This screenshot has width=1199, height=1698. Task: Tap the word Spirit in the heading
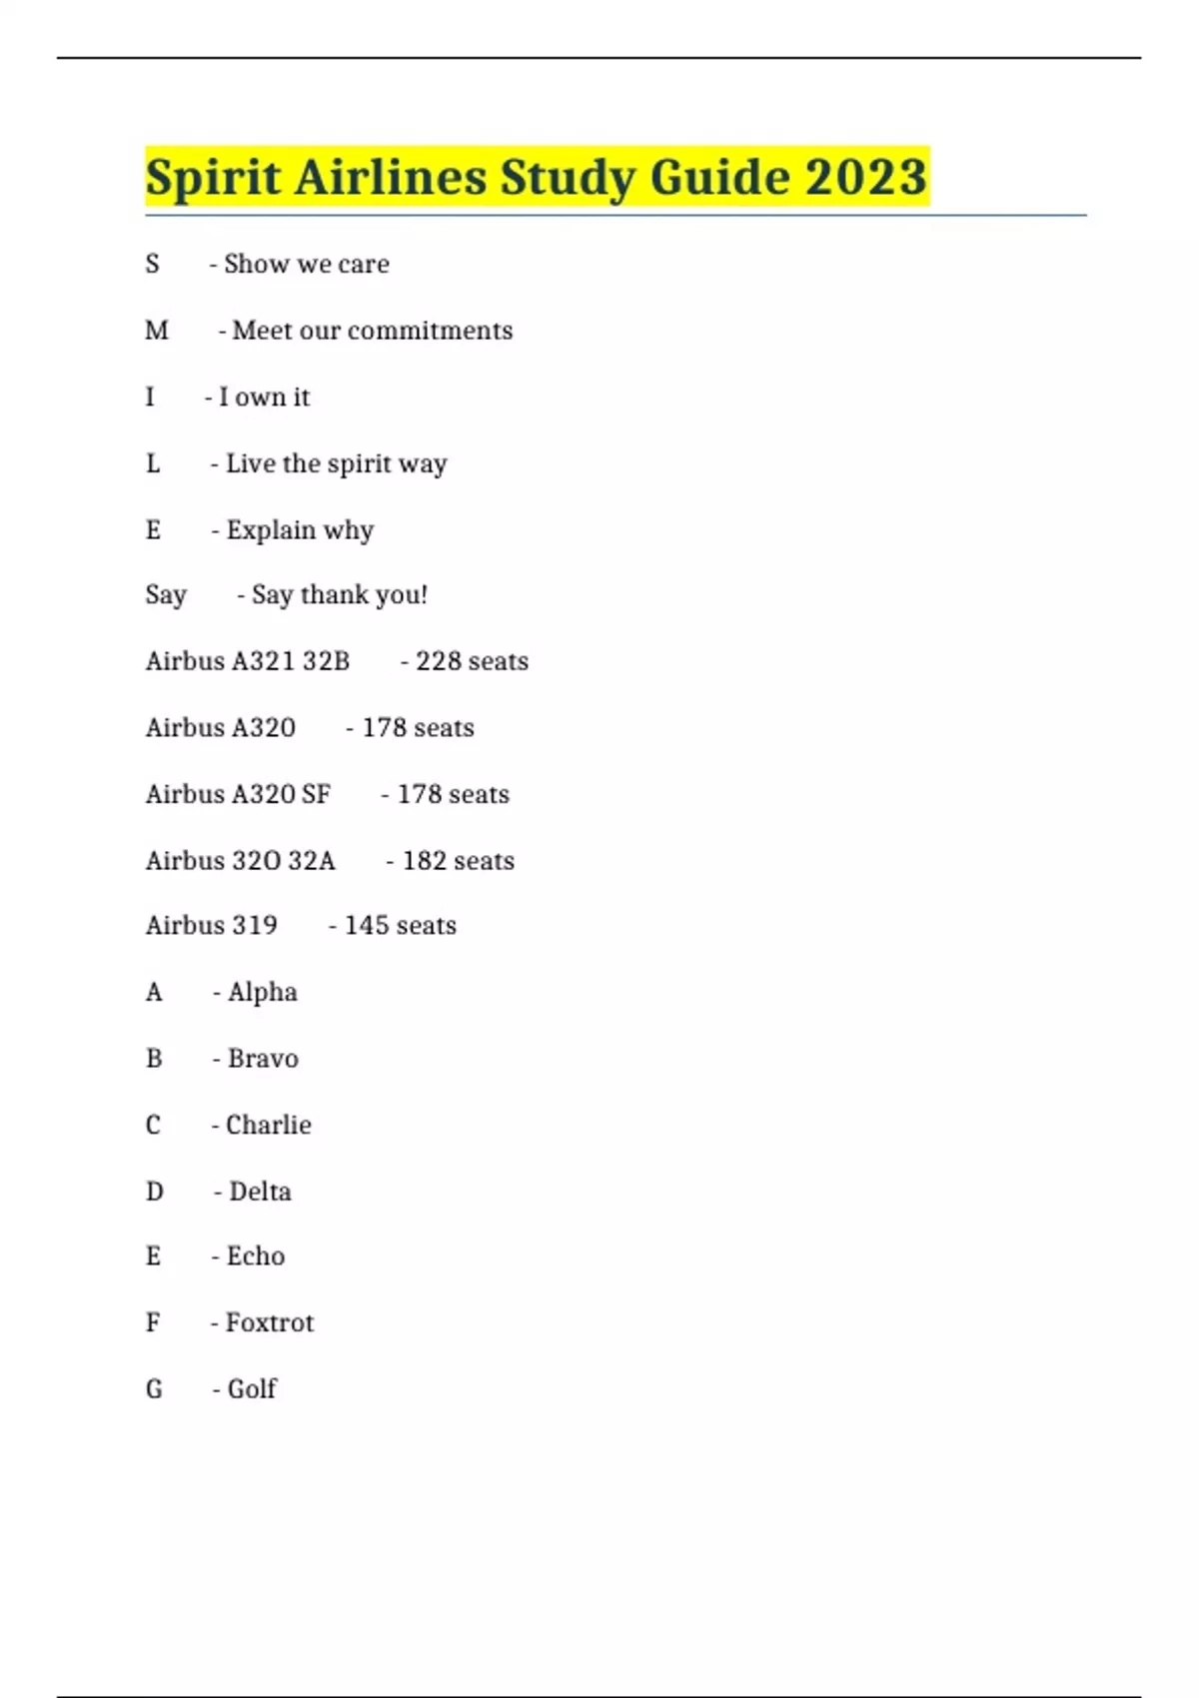coord(212,178)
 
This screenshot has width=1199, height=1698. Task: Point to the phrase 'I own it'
coord(264,398)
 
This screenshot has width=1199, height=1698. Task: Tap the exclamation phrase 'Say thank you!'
coord(339,595)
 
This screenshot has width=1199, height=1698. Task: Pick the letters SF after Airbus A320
coord(316,794)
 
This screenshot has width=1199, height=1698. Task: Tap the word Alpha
coord(263,992)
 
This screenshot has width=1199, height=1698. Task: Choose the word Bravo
coord(263,1059)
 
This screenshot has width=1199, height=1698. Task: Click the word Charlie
coord(268,1126)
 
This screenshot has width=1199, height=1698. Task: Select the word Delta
coord(260,1192)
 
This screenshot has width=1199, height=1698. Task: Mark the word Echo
coord(256,1257)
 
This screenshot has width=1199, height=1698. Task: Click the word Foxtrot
coord(270,1323)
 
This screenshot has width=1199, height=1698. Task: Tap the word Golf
coord(252,1389)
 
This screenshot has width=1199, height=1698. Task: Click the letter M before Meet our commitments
coord(157,331)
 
